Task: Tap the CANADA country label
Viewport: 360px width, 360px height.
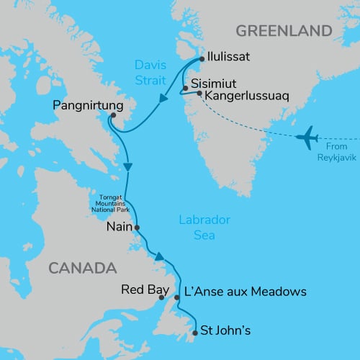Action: tap(82, 268)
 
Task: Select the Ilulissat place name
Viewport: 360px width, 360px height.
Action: tap(233, 55)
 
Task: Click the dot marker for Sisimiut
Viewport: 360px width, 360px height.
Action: tap(186, 89)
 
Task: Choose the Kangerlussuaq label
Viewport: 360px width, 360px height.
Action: tap(245, 95)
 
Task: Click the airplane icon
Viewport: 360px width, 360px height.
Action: tap(307, 135)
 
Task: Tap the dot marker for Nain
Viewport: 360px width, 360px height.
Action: tap(137, 228)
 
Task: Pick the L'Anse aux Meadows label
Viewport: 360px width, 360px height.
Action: tap(246, 292)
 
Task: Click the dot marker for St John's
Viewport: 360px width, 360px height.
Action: tap(196, 333)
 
